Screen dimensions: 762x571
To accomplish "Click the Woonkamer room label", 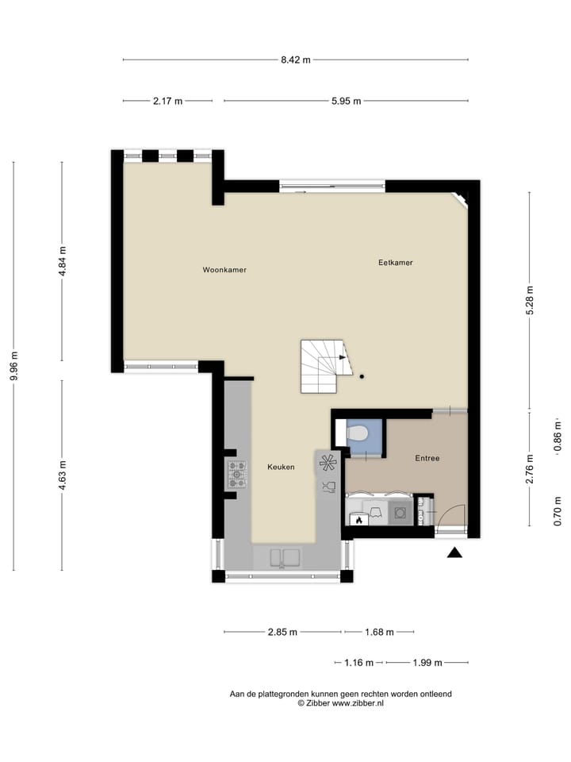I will point(224,270).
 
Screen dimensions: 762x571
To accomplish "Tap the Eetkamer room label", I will point(396,263).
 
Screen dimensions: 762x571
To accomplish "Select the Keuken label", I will point(281,467).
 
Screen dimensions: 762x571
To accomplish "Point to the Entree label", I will point(427,458).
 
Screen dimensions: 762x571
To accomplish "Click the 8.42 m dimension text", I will point(295,60).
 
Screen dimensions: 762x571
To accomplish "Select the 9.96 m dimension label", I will point(13,367).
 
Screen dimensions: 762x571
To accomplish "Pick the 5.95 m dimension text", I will point(345,101).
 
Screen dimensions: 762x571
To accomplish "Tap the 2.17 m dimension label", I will point(167,101).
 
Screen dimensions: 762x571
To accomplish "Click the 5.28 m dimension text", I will point(531,300).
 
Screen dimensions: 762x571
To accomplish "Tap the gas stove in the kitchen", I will point(237,474).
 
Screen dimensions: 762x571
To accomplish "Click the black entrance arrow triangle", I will point(454,552).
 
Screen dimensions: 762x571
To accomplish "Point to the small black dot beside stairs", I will point(362,377).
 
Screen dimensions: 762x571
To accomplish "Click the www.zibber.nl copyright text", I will point(340,703).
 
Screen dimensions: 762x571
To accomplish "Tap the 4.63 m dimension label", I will point(63,475).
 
